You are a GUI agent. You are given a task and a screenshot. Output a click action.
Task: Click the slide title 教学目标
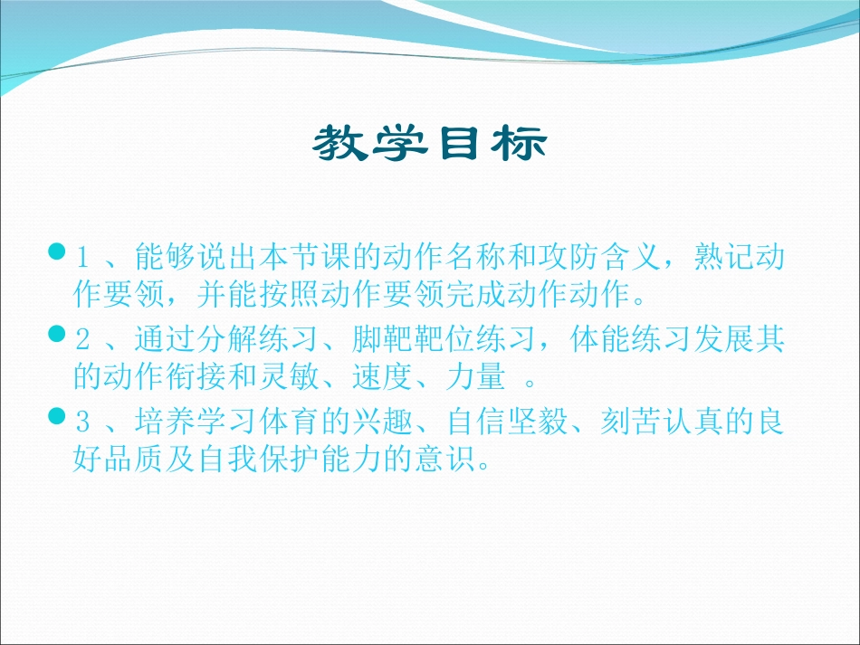pyautogui.click(x=430, y=143)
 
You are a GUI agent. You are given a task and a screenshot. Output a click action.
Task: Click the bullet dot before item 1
pyautogui.click(x=56, y=250)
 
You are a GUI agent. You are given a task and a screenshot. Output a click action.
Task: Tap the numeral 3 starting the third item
pyautogui.click(x=82, y=424)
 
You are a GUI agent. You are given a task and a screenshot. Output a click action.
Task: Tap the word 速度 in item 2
pyautogui.click(x=392, y=377)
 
